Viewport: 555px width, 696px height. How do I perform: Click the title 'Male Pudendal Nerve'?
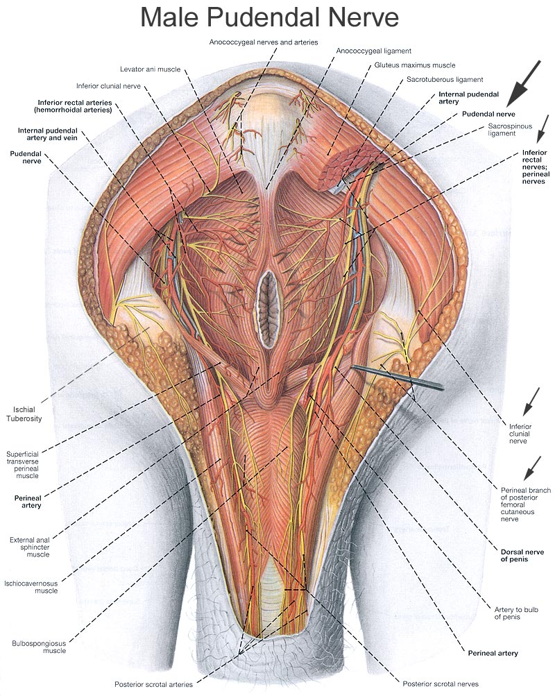coord(269,18)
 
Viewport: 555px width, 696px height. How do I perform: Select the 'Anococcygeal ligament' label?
coord(373,51)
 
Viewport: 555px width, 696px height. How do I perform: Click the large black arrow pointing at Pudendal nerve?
coord(524,83)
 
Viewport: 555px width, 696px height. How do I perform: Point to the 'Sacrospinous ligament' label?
coord(510,130)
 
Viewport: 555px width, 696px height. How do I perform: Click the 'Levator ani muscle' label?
coord(151,69)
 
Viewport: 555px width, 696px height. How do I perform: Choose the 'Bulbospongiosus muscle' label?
coord(39,647)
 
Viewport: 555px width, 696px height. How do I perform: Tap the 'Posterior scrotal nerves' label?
coord(441,684)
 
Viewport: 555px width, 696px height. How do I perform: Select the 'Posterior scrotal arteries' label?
coord(153,684)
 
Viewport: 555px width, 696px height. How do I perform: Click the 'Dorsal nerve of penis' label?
coord(522,556)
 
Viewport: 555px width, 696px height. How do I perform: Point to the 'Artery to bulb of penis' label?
coord(516,613)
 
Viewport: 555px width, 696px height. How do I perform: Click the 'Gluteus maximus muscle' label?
coord(415,65)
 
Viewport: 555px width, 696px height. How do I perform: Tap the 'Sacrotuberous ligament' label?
coord(445,80)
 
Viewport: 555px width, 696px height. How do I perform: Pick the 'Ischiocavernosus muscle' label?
coord(31,587)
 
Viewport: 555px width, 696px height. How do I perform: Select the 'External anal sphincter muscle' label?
coord(30,548)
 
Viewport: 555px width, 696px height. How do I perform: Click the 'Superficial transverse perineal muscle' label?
coord(23,465)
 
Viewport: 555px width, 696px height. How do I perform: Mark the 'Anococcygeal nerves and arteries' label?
coord(264,42)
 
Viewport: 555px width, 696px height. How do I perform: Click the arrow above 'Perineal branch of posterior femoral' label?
coord(532,468)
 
